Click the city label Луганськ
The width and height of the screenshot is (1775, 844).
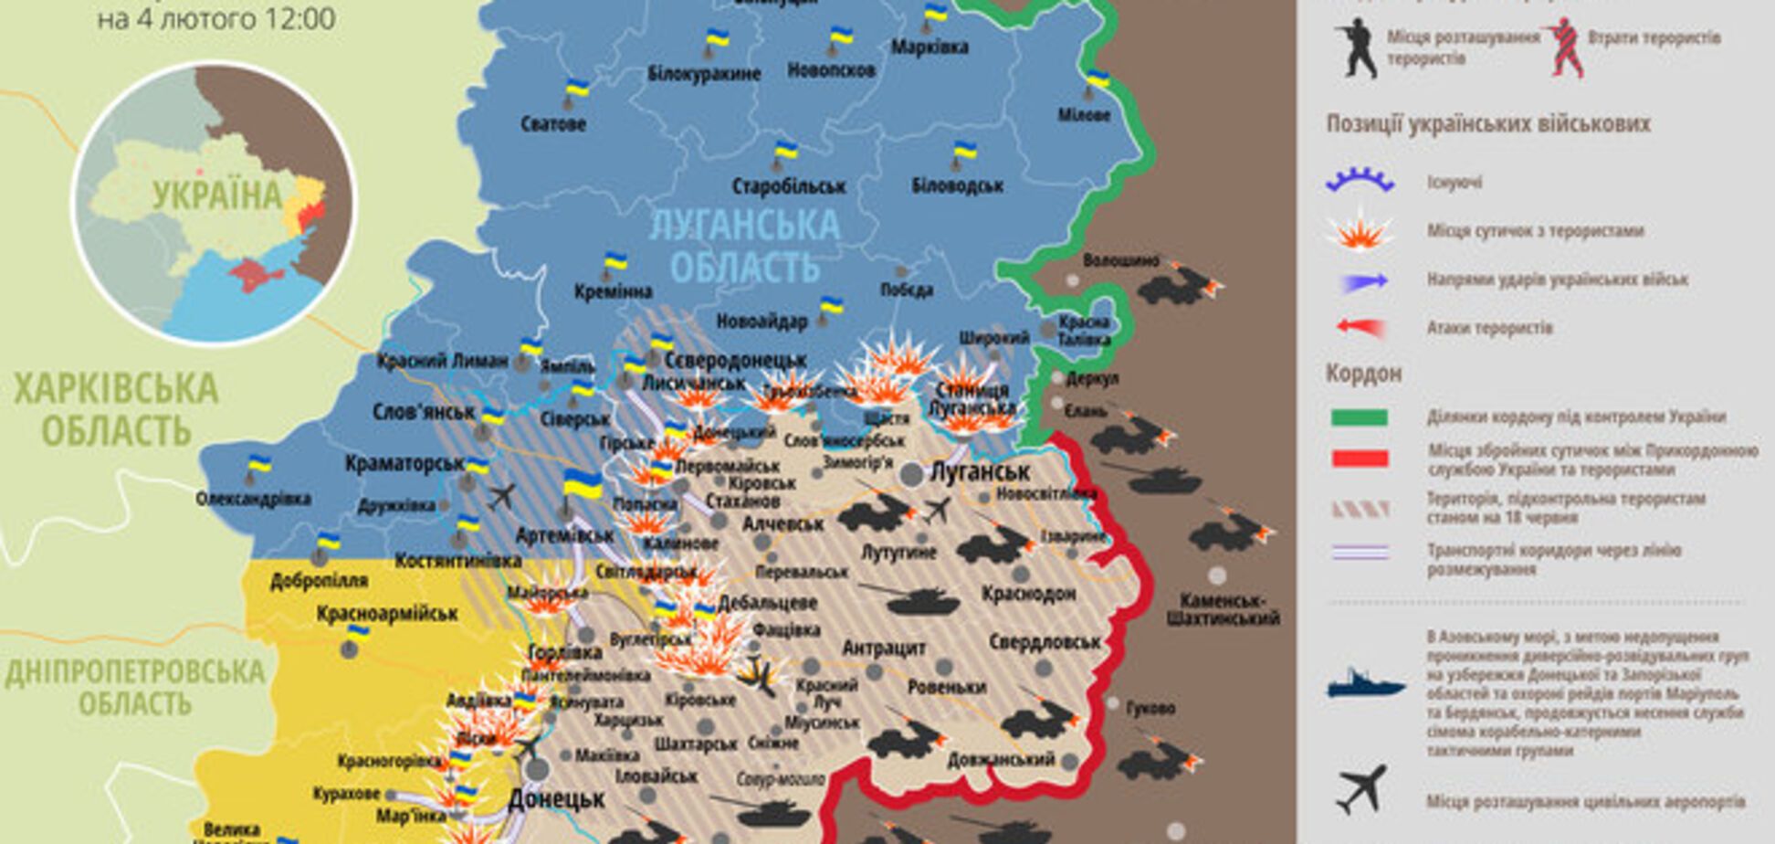pos(979,471)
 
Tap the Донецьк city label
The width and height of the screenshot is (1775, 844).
pos(556,799)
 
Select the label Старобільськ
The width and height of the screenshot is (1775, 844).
pos(789,186)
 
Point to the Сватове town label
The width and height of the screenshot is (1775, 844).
pos(553,124)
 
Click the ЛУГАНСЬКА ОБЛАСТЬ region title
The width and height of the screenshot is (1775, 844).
pos(744,245)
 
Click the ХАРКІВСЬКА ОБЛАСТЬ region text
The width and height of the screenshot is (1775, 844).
pos(116,409)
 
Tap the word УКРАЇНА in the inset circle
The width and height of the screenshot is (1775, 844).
pos(217,195)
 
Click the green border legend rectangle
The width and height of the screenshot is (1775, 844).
pos(1360,418)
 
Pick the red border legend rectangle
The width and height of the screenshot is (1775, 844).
pos(1360,459)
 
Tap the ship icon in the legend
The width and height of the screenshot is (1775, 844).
pos(1366,684)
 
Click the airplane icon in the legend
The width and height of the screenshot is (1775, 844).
pos(1361,790)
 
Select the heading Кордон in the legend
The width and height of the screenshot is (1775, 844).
pos(1363,373)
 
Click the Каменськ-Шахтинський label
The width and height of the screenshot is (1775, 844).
pos(1224,609)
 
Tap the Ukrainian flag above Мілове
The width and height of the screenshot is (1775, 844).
pos(1098,79)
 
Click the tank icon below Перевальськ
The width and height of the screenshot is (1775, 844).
pos(913,600)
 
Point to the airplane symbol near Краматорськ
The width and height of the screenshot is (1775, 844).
pos(501,497)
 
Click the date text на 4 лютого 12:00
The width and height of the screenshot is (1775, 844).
pos(215,18)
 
